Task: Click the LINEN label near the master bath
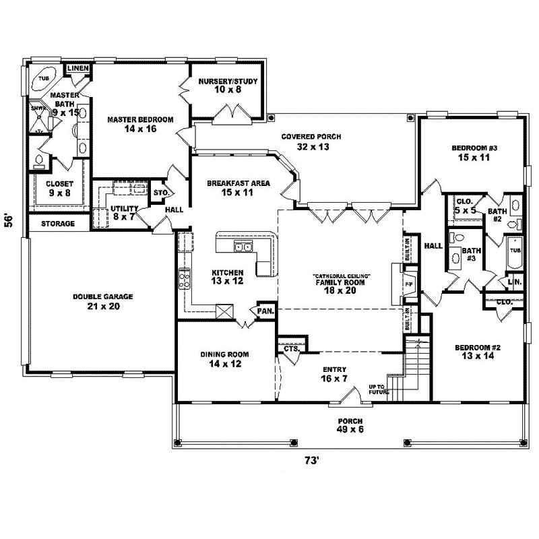(78, 69)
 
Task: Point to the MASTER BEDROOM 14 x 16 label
(140, 123)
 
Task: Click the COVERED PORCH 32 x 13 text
(311, 141)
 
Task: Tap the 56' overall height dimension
(9, 222)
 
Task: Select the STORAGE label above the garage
(57, 223)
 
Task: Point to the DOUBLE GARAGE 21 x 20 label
(103, 301)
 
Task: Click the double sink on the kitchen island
(243, 247)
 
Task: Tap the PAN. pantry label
(263, 311)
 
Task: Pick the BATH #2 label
(499, 214)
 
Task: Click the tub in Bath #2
(515, 255)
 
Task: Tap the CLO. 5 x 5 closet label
(465, 205)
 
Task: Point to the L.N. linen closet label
(515, 282)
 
